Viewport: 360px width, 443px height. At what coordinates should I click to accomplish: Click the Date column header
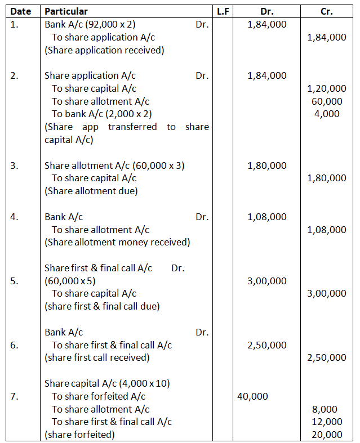[x=20, y=11]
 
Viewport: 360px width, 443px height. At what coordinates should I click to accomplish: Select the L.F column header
[x=223, y=11]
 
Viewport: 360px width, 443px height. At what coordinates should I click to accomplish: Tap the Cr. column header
[x=326, y=11]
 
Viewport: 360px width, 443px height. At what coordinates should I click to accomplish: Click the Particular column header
[x=66, y=11]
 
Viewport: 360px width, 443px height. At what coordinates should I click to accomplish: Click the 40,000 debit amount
[x=252, y=396]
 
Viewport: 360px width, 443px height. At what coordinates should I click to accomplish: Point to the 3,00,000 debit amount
[x=266, y=281]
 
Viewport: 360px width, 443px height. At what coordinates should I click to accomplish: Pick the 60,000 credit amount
[x=327, y=101]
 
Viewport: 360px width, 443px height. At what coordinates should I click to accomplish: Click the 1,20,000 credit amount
[x=327, y=88]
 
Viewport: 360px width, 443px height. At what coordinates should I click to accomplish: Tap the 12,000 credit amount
[x=327, y=422]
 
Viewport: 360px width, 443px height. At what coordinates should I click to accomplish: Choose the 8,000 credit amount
[x=327, y=409]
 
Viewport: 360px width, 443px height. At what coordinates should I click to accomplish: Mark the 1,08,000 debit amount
[x=266, y=217]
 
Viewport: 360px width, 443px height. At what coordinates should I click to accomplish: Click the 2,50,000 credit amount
[x=327, y=357]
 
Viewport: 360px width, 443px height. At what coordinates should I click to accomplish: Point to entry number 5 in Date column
[x=15, y=281]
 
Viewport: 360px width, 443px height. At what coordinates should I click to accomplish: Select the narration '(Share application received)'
[x=104, y=50]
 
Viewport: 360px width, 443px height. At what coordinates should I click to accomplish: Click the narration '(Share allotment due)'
[x=91, y=191]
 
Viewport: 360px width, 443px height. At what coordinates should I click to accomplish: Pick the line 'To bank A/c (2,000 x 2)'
[x=102, y=114]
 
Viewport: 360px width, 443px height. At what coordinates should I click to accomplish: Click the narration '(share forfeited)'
[x=79, y=435]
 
